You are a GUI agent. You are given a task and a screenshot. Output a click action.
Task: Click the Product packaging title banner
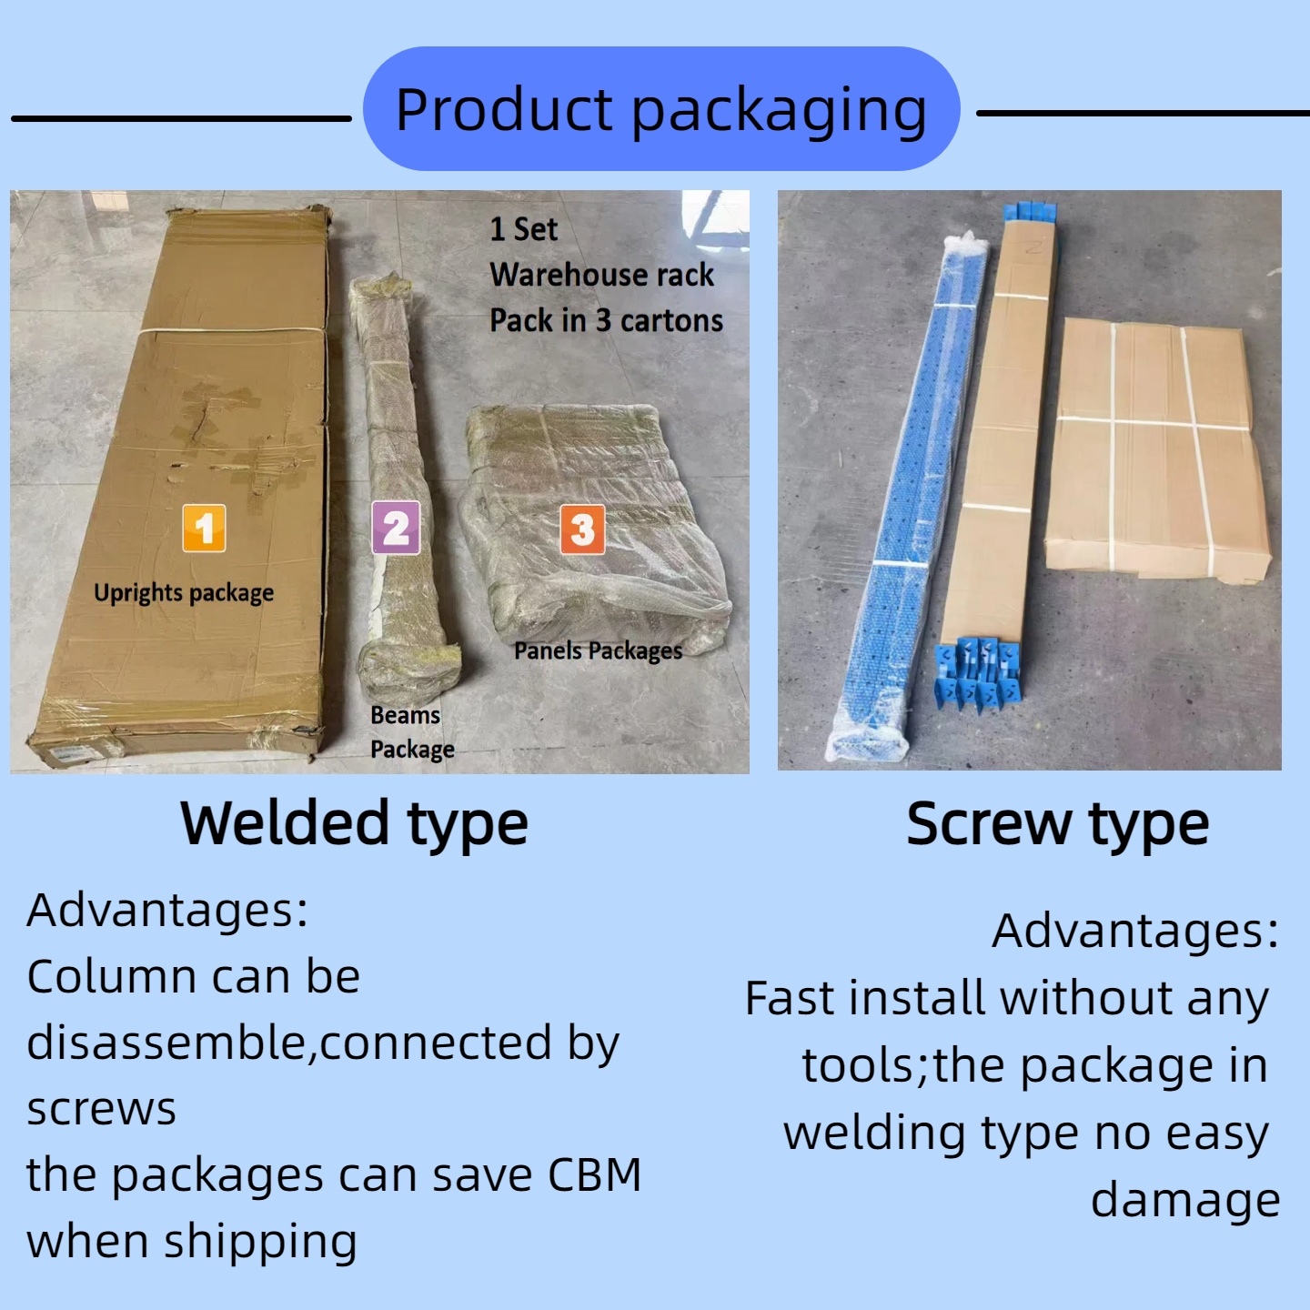(660, 108)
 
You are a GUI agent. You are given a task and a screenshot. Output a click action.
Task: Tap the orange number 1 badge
(204, 529)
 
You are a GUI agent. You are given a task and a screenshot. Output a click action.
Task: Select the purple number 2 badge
(397, 528)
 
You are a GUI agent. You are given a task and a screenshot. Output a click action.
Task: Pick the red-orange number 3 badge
(582, 529)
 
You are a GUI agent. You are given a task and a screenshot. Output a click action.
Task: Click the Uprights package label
(184, 593)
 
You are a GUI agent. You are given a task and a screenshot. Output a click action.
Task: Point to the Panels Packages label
(599, 650)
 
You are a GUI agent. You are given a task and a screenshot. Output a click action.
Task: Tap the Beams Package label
(413, 732)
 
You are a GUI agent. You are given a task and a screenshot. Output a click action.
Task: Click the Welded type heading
(354, 824)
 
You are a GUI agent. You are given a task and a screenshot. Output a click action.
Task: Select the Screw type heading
(1058, 824)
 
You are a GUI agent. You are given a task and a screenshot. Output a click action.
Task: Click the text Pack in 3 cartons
(607, 320)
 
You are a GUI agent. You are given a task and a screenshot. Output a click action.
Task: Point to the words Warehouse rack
(601, 275)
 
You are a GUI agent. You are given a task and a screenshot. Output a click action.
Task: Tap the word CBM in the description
(595, 1175)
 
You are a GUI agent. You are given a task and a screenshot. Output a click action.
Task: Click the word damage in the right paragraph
(1185, 1201)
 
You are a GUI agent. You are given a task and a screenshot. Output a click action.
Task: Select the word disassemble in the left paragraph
(167, 1043)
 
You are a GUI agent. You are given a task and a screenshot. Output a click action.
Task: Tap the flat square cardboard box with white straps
(1157, 449)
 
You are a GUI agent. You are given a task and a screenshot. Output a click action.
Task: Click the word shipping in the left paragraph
(260, 1242)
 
